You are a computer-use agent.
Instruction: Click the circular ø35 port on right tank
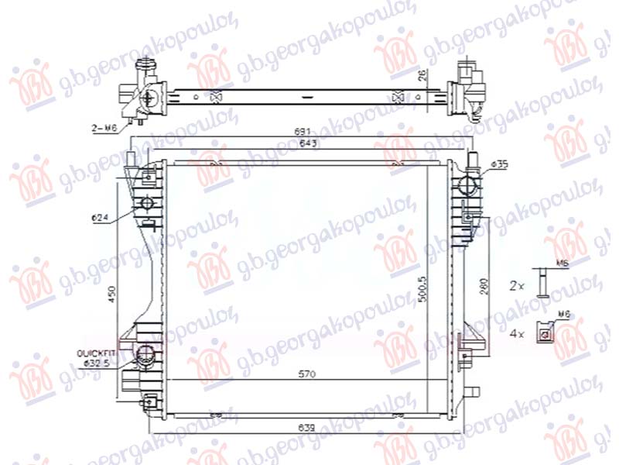tap(467, 186)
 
